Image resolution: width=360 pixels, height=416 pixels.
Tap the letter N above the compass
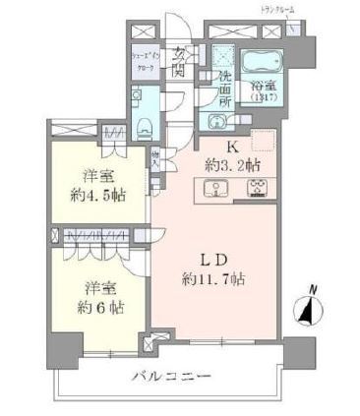tap(312, 288)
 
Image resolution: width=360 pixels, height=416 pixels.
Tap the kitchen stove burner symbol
tap(258, 191)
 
